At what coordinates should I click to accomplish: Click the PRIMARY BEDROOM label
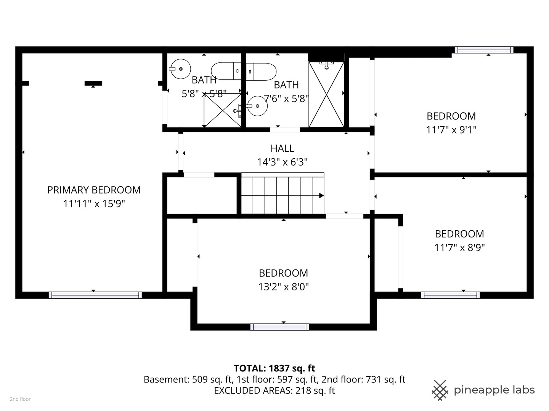tap(94, 190)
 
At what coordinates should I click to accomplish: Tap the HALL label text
tap(282, 148)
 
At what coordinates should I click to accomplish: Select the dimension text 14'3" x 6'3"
tap(282, 162)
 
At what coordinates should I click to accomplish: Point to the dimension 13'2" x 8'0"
tap(283, 287)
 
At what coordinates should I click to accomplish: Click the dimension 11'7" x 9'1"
tap(451, 130)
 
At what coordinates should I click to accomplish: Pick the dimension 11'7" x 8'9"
tap(459, 248)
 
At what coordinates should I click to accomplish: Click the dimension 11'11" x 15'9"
tap(94, 204)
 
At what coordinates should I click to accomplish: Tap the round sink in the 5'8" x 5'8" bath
tap(181, 69)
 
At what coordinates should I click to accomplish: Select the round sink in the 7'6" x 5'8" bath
tap(257, 106)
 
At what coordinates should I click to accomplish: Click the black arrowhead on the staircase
tap(321, 196)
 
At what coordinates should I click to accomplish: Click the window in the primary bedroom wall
tap(95, 295)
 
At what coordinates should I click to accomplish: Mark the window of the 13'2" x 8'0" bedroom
tap(279, 327)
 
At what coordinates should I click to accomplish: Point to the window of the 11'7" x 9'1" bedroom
tap(484, 50)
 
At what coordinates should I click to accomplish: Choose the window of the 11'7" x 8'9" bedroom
tap(451, 295)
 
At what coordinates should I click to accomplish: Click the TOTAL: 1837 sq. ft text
tap(274, 368)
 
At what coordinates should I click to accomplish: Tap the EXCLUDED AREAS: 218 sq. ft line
tap(274, 390)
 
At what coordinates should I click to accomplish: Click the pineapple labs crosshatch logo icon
tap(440, 390)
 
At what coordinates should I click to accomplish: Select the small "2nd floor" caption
tap(20, 399)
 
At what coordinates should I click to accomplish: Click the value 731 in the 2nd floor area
tap(374, 379)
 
